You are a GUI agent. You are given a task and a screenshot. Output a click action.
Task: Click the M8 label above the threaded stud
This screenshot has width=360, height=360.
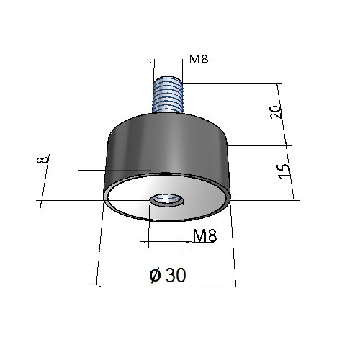tap(199, 59)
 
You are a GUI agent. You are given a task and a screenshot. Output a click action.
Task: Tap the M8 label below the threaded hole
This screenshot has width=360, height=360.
tap(204, 235)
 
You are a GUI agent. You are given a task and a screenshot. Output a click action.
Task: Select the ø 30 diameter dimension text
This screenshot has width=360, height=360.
tap(168, 275)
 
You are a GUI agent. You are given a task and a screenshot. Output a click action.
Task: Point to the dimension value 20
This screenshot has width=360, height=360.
tap(276, 112)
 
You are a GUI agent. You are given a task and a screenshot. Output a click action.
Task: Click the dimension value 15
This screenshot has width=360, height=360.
tap(284, 171)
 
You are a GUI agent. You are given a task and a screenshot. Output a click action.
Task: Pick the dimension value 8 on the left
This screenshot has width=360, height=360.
tap(42, 159)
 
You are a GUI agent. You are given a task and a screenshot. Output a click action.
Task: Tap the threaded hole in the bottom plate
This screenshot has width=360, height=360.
tap(167, 201)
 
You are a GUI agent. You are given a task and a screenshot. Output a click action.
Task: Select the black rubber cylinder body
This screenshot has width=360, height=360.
tap(168, 146)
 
